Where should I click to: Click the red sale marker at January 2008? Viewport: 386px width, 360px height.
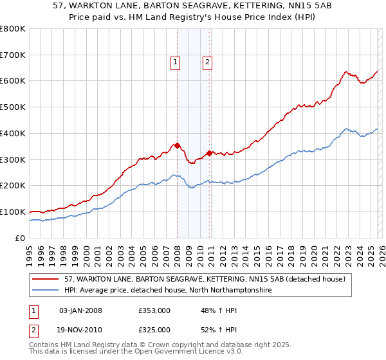[177, 145]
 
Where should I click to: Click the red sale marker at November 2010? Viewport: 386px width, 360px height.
[210, 153]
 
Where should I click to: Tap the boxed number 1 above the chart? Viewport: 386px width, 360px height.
[174, 62]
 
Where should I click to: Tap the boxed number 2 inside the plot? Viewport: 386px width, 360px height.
[207, 62]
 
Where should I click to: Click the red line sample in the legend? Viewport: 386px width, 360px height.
[46, 279]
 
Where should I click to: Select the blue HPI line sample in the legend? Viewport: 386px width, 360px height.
[46, 290]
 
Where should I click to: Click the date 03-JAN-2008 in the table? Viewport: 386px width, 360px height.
[80, 310]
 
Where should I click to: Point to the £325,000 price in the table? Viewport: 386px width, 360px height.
[154, 329]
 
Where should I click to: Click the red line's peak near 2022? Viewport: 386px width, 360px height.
[345, 71]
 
